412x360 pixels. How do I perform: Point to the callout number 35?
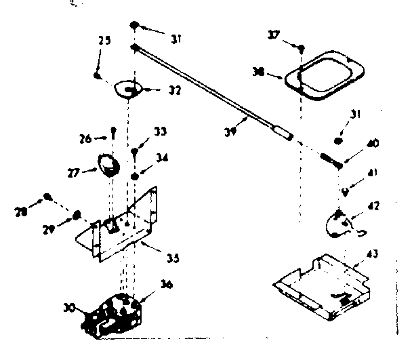pyautogui.click(x=173, y=258)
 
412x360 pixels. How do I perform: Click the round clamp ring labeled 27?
pyautogui.click(x=108, y=164)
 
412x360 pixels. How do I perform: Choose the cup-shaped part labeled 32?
pyautogui.click(x=128, y=89)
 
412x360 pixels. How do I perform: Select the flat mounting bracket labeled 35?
pyautogui.click(x=125, y=227)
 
